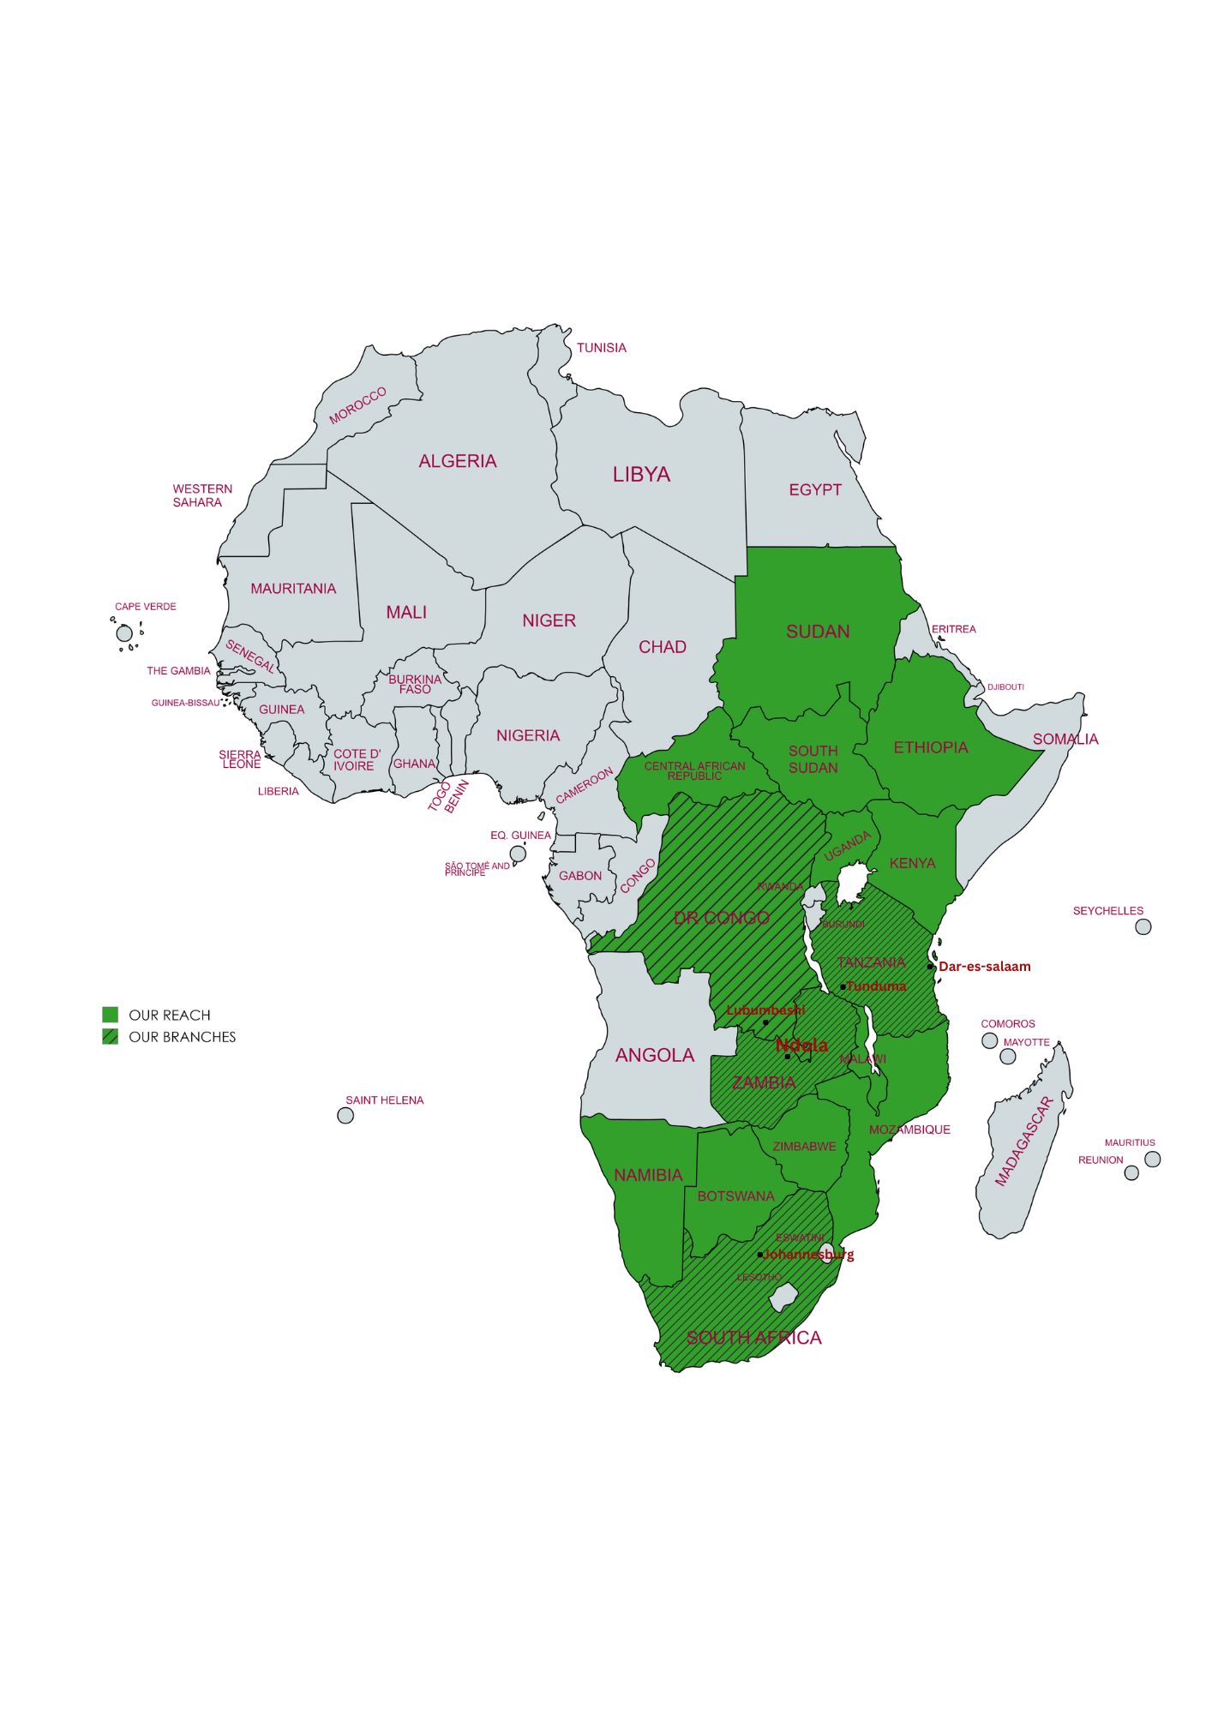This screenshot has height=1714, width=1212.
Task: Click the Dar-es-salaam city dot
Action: point(930,966)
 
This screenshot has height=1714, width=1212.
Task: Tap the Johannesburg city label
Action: point(809,1254)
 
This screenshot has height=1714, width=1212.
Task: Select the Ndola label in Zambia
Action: point(801,1045)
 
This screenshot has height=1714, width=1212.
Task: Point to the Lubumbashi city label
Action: point(765,1010)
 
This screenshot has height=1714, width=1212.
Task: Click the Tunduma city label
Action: point(876,986)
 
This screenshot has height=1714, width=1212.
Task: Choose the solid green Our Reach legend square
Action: point(110,1015)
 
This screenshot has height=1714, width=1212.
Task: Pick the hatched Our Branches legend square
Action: point(110,1036)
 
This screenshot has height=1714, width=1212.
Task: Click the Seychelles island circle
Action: point(1143,926)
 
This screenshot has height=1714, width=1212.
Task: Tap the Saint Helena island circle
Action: point(345,1115)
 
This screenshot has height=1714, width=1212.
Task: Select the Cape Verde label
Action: point(146,606)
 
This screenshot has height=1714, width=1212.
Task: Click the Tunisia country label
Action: point(601,347)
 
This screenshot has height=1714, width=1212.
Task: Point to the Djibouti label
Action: point(1005,686)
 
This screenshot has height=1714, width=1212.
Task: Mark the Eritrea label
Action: point(953,628)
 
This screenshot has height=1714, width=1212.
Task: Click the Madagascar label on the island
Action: point(1023,1140)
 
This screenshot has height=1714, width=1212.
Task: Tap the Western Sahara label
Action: point(202,495)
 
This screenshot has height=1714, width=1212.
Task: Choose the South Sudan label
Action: point(813,758)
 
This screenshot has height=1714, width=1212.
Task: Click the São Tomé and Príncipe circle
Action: point(518,854)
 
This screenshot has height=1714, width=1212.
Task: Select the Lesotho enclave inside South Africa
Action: point(783,1297)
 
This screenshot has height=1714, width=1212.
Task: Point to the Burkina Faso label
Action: point(415,684)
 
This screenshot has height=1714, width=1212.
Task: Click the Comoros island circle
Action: point(989,1040)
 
